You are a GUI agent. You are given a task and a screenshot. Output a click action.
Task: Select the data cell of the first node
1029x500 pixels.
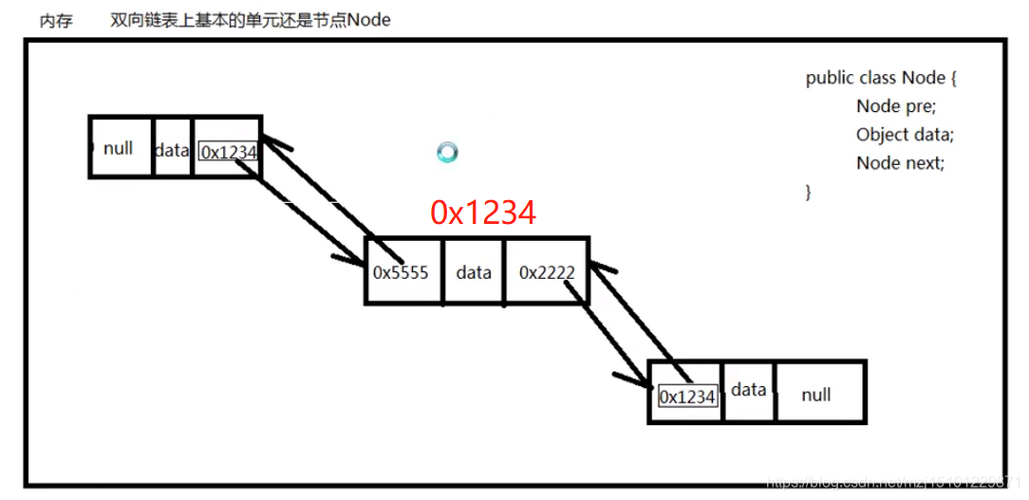(x=172, y=149)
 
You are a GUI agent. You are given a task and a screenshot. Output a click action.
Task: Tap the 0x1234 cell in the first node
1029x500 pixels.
(x=228, y=151)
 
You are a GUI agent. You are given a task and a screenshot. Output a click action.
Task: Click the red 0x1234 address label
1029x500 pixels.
(x=483, y=213)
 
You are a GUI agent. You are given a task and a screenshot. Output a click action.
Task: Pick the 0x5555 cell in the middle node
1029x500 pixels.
(x=402, y=272)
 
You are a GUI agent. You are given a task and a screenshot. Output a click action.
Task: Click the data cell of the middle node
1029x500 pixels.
(x=474, y=272)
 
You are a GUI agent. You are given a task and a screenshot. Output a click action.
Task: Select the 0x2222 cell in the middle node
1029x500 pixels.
(x=547, y=272)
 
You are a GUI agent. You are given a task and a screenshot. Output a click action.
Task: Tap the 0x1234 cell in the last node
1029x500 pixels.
(x=687, y=397)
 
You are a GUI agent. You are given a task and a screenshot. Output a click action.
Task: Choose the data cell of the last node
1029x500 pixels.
(x=748, y=389)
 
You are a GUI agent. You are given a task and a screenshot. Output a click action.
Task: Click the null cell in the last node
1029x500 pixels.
(x=816, y=394)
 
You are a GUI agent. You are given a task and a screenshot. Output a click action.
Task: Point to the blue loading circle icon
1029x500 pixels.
(x=447, y=152)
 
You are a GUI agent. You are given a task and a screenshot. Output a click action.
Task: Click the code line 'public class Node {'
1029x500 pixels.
(x=881, y=78)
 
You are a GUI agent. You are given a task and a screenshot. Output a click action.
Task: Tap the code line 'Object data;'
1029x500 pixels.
(x=904, y=135)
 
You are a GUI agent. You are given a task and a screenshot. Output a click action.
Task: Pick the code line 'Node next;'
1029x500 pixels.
(x=900, y=163)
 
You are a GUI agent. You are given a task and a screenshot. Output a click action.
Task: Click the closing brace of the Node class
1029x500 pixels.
(x=809, y=192)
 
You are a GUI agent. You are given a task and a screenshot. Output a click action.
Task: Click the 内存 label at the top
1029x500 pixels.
(x=56, y=20)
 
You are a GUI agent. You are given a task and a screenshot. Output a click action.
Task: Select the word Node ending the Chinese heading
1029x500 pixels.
(x=368, y=20)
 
